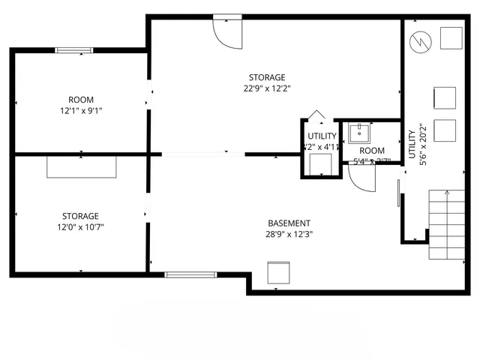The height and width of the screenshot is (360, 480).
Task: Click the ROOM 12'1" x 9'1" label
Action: tap(80, 105)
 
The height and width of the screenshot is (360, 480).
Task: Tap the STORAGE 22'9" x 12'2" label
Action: tap(267, 82)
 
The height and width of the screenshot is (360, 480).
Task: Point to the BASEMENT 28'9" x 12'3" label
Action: tap(289, 228)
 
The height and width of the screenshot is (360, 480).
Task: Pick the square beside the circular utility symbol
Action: tap(451, 37)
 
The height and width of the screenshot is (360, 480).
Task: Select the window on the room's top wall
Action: tap(73, 51)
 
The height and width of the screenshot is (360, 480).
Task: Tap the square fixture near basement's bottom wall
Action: tap(278, 273)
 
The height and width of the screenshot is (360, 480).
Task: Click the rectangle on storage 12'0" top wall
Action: tap(82, 166)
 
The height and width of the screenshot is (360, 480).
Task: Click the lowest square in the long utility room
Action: tap(445, 130)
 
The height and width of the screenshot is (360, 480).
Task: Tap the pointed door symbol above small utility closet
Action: tap(317, 115)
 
